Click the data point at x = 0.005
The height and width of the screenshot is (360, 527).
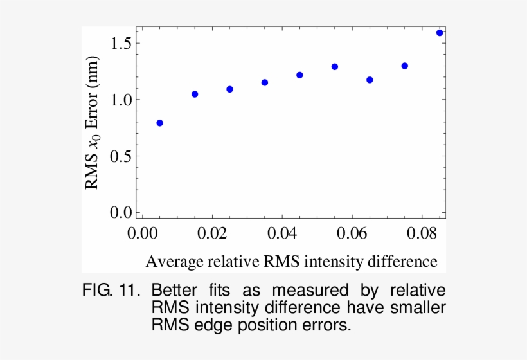(x=159, y=123)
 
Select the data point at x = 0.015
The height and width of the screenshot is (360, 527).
(x=195, y=94)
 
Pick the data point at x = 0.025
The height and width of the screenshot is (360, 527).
(x=229, y=89)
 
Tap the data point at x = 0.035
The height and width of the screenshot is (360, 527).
(x=265, y=82)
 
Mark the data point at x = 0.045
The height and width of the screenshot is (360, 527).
(x=299, y=75)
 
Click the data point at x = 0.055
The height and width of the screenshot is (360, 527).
(x=335, y=67)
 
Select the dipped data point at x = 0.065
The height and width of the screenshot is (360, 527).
(x=370, y=80)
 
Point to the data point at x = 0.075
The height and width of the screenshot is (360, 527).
(x=405, y=66)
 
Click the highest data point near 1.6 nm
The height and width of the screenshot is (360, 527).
(x=440, y=33)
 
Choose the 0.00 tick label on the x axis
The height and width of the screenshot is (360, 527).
(x=142, y=233)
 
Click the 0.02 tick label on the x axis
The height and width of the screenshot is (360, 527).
(x=212, y=233)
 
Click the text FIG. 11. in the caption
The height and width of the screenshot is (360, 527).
(x=111, y=291)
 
